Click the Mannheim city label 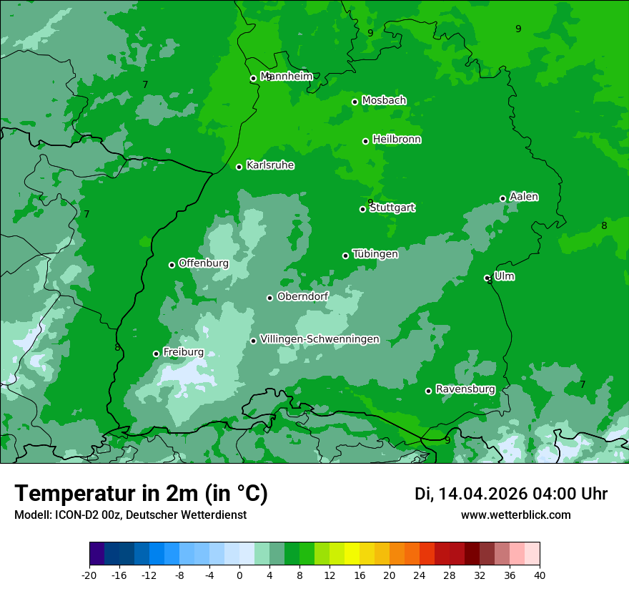(287, 77)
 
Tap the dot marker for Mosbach (355, 102)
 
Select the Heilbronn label (397, 140)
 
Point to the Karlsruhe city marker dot (239, 167)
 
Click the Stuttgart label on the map (392, 208)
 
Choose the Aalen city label (524, 197)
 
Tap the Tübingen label (375, 254)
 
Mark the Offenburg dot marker (172, 265)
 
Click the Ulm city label (505, 276)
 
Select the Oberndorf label (302, 296)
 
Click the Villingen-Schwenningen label (320, 339)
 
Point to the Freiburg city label (183, 352)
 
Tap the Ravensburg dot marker (428, 391)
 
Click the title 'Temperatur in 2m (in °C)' (141, 494)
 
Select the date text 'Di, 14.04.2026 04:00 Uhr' (511, 494)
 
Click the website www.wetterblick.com (515, 515)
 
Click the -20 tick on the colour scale (89, 575)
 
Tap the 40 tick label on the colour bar (539, 575)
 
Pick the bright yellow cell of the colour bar (352, 554)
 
